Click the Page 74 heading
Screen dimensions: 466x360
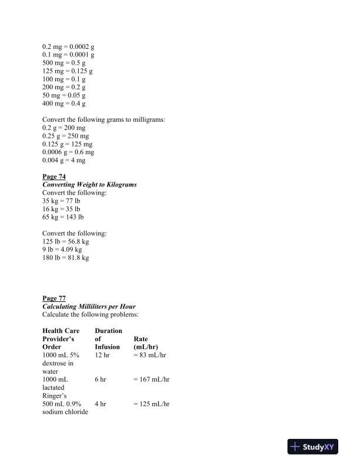54,177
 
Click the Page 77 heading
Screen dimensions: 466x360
54,298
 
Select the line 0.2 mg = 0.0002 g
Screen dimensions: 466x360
68,46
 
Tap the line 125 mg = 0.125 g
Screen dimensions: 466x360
68,71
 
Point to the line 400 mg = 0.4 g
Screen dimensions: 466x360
64,104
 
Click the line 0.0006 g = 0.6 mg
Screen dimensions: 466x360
68,152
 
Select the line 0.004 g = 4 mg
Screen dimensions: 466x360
64,160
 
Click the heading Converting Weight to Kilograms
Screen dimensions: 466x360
89,185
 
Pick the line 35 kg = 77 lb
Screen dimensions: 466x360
61,201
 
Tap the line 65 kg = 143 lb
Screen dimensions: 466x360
63,217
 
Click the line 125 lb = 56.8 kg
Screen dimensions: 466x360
66,241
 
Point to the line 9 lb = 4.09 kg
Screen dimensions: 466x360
62,249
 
